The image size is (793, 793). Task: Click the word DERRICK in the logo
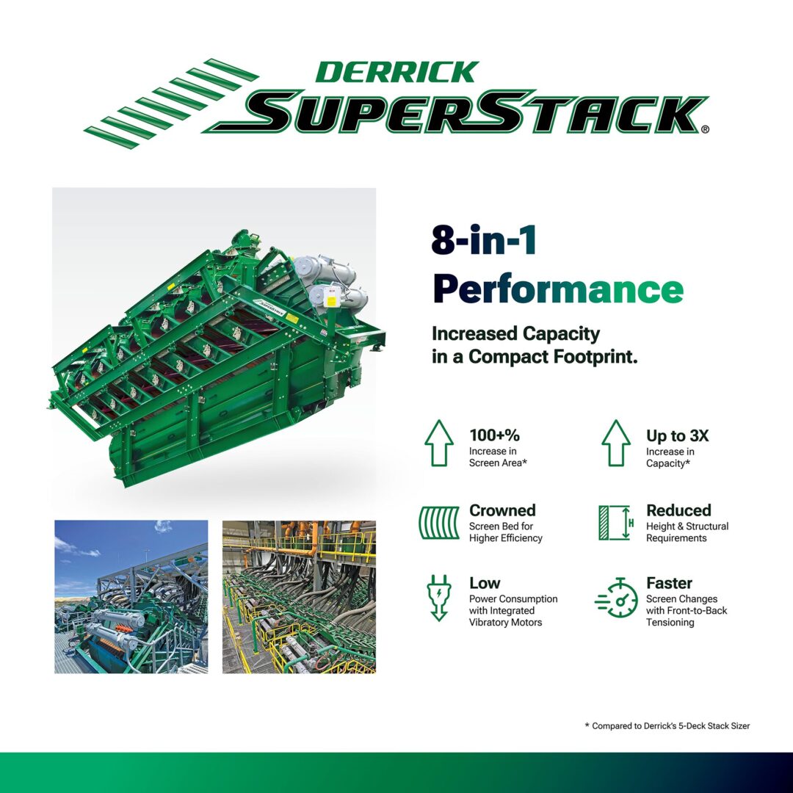coord(397,72)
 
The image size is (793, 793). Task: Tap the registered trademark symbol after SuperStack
coord(705,129)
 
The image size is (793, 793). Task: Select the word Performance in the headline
coord(558,289)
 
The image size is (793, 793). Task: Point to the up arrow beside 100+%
coord(439,443)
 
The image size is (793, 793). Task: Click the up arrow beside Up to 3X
coord(616,443)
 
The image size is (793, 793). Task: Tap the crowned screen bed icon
coord(439,523)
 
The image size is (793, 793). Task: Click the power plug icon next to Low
coord(439,597)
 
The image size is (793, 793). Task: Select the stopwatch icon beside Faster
coord(617,598)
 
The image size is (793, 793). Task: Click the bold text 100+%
coord(494,435)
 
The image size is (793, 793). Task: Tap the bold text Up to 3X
coord(677,435)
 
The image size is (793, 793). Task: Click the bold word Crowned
coord(502,510)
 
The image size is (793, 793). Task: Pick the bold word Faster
coord(669,583)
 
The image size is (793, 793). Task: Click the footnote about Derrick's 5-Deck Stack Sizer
coord(667,725)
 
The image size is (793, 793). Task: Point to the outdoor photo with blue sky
coord(131,597)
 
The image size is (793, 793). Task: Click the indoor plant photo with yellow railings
coord(299,597)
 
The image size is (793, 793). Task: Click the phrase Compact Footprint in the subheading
coord(553,357)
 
